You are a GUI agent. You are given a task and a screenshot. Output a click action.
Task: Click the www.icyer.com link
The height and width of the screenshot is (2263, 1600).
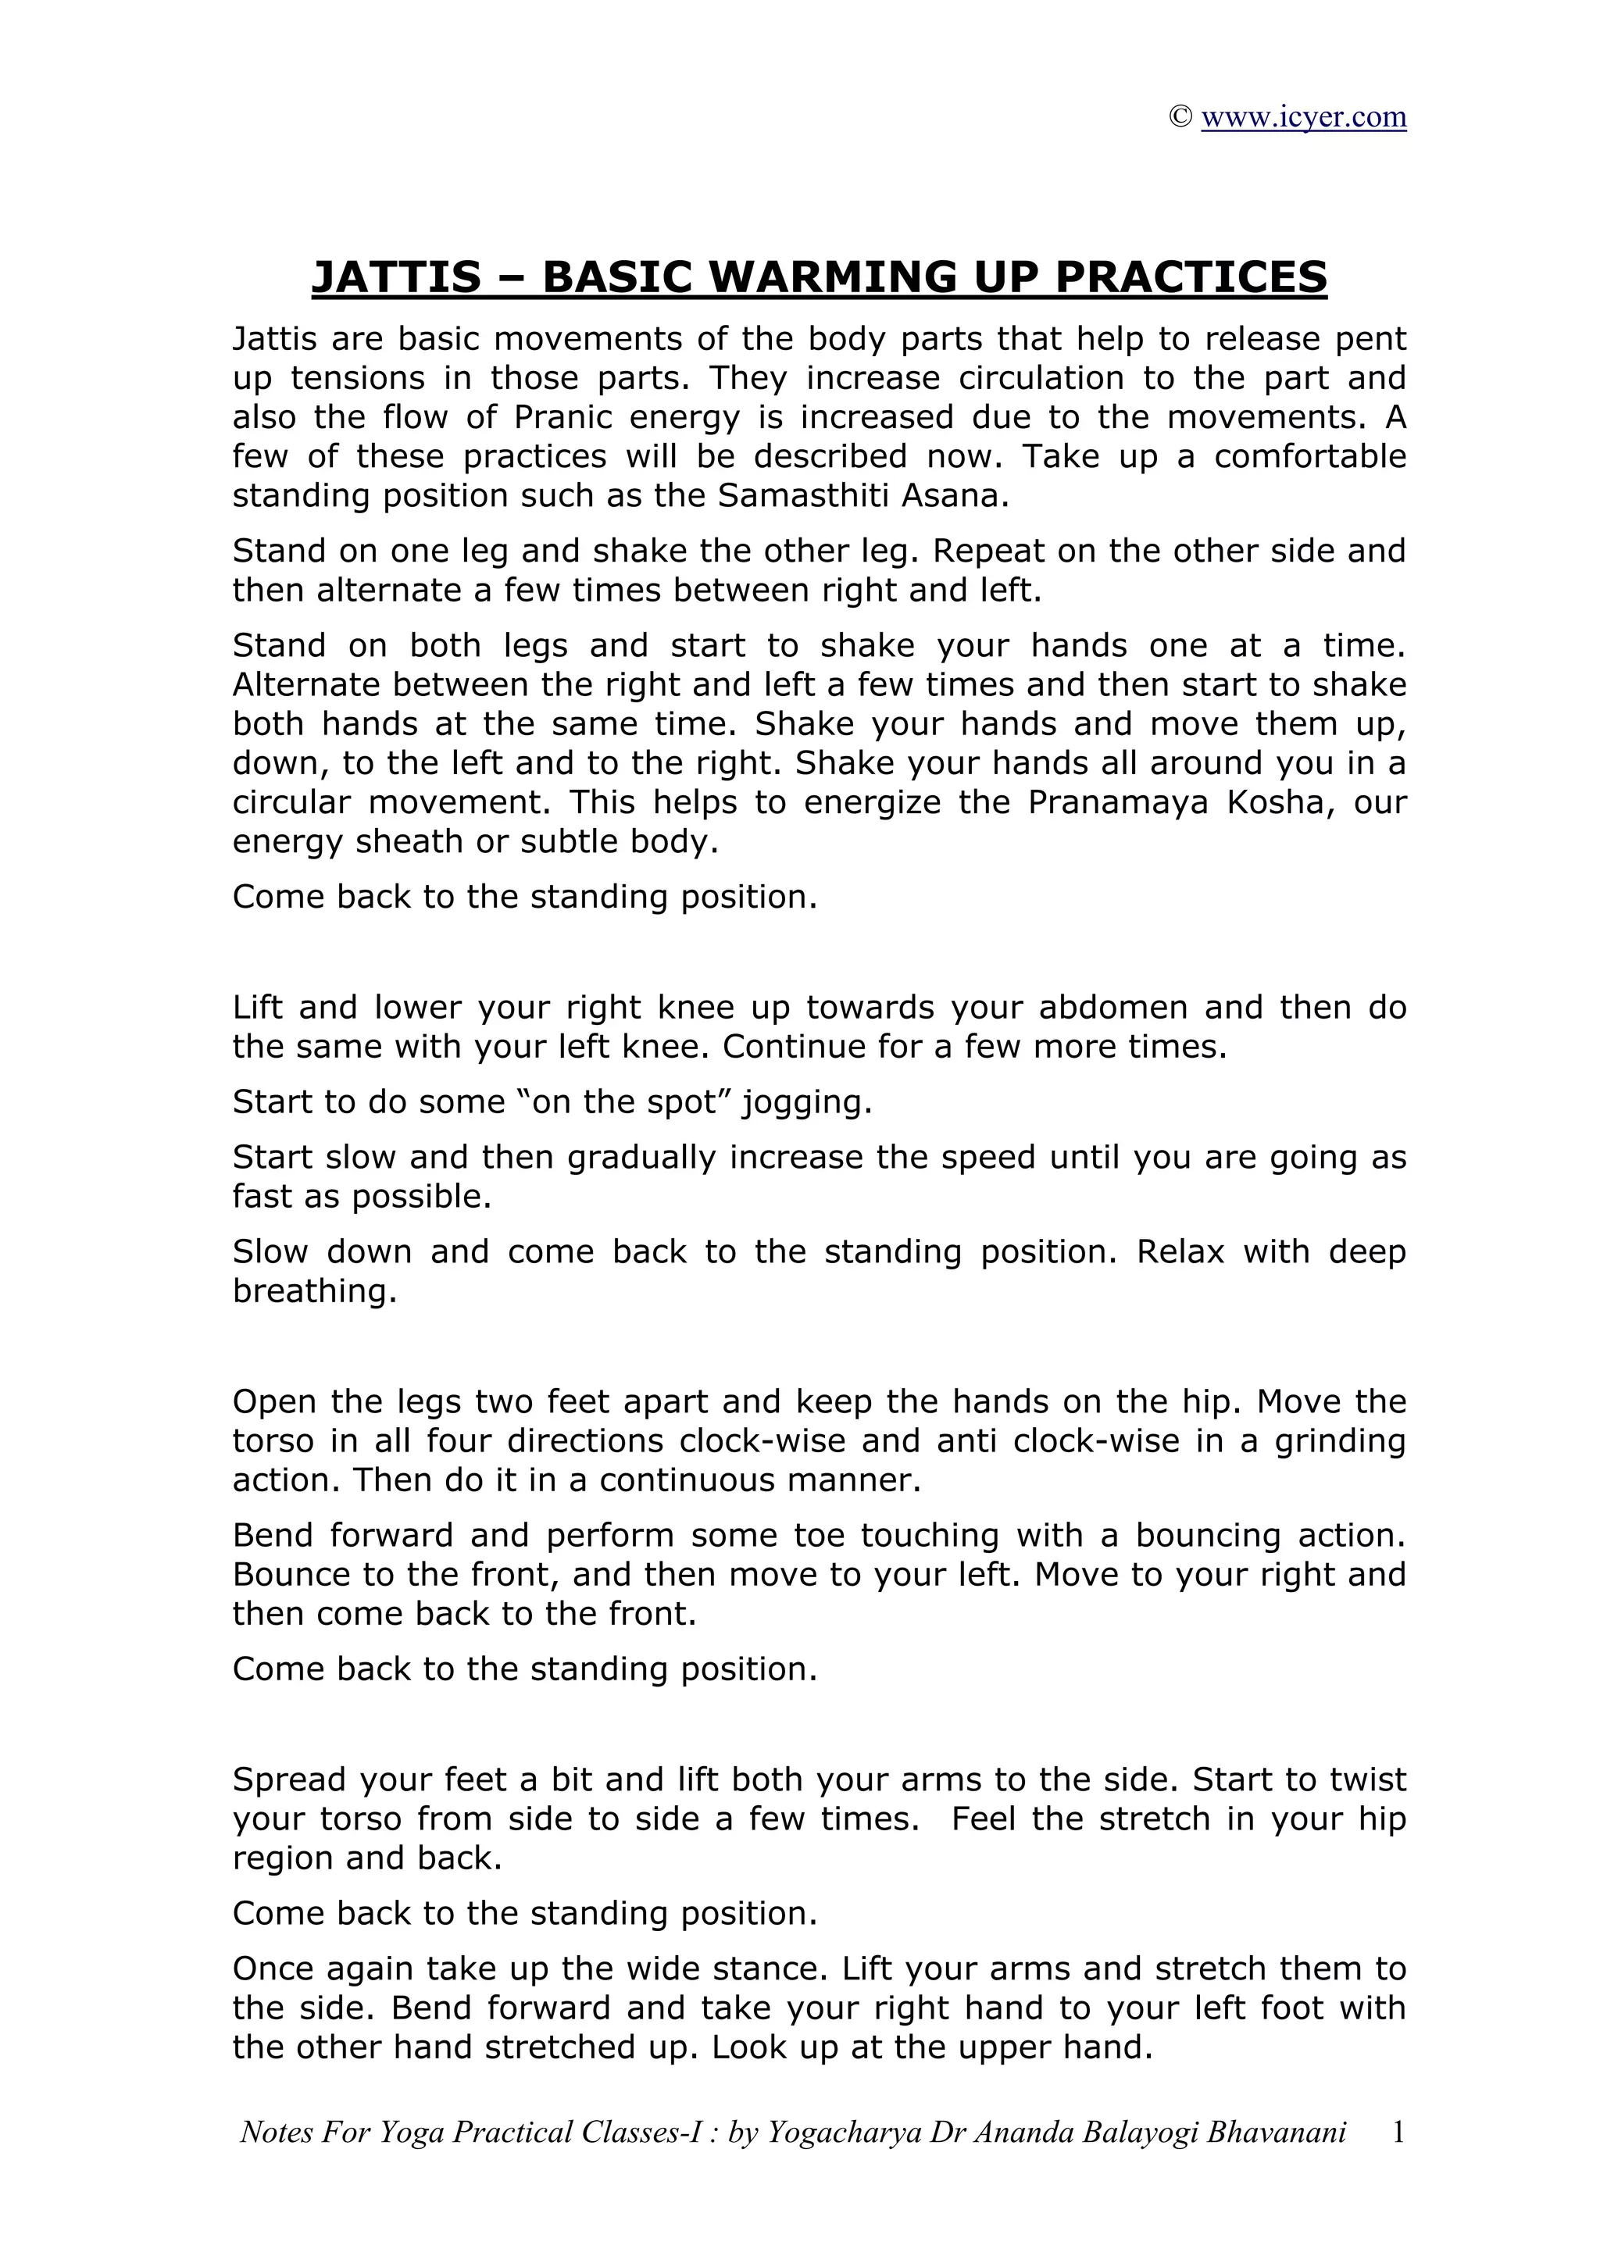tap(1302, 117)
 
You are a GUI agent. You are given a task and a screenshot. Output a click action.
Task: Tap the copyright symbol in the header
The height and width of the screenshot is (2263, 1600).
tap(1180, 117)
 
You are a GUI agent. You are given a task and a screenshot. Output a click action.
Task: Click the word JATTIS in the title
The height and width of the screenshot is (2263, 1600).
tap(396, 277)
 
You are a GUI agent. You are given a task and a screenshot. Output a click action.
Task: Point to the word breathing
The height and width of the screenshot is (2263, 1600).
tap(315, 1291)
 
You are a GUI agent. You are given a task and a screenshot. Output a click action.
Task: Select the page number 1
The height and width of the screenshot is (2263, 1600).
tap(1397, 2133)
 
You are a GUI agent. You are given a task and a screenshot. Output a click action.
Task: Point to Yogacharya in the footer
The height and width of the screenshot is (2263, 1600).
tap(837, 2133)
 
